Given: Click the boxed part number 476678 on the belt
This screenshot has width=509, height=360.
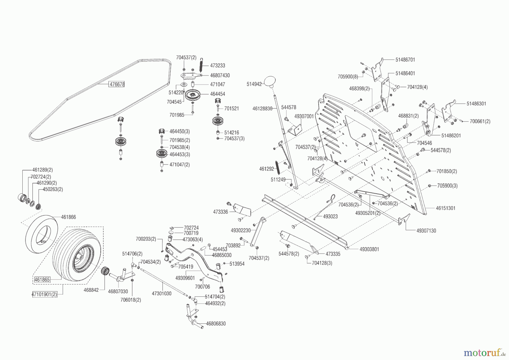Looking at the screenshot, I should [117, 84].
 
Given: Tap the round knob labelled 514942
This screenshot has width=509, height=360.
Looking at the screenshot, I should [270, 81].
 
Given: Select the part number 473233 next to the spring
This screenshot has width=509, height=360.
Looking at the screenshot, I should [217, 66].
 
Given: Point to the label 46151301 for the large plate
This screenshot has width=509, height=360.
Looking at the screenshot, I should [445, 208].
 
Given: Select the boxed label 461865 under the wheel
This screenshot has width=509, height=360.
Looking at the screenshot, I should [42, 280].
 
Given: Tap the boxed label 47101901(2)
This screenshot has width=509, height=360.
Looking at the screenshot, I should [44, 294].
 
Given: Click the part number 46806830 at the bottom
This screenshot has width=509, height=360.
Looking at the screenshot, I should [216, 323].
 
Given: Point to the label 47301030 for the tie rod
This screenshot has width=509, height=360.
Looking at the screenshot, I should [161, 294].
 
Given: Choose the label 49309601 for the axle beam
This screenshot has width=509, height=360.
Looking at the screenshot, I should [185, 278].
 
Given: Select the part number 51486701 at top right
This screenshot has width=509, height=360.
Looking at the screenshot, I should [405, 60].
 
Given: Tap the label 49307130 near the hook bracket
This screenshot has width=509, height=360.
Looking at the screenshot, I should [426, 231].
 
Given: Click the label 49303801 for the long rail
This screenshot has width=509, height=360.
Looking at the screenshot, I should [369, 249].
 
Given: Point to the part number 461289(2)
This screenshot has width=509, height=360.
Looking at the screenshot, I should [42, 170].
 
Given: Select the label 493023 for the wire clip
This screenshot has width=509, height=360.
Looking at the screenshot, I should [330, 217].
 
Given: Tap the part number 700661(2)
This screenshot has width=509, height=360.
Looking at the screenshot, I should [480, 121].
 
